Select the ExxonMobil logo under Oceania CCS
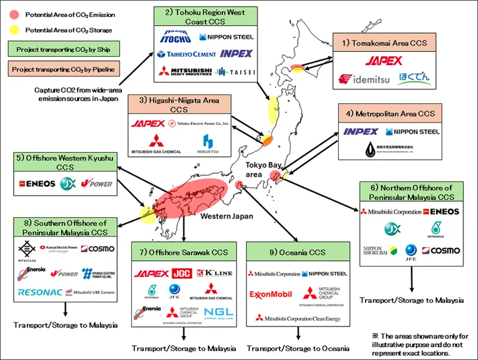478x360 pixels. (x=272, y=294)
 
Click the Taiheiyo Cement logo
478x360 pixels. (x=185, y=54)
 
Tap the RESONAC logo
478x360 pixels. (x=40, y=293)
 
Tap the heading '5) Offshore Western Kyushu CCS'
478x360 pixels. (x=65, y=162)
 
